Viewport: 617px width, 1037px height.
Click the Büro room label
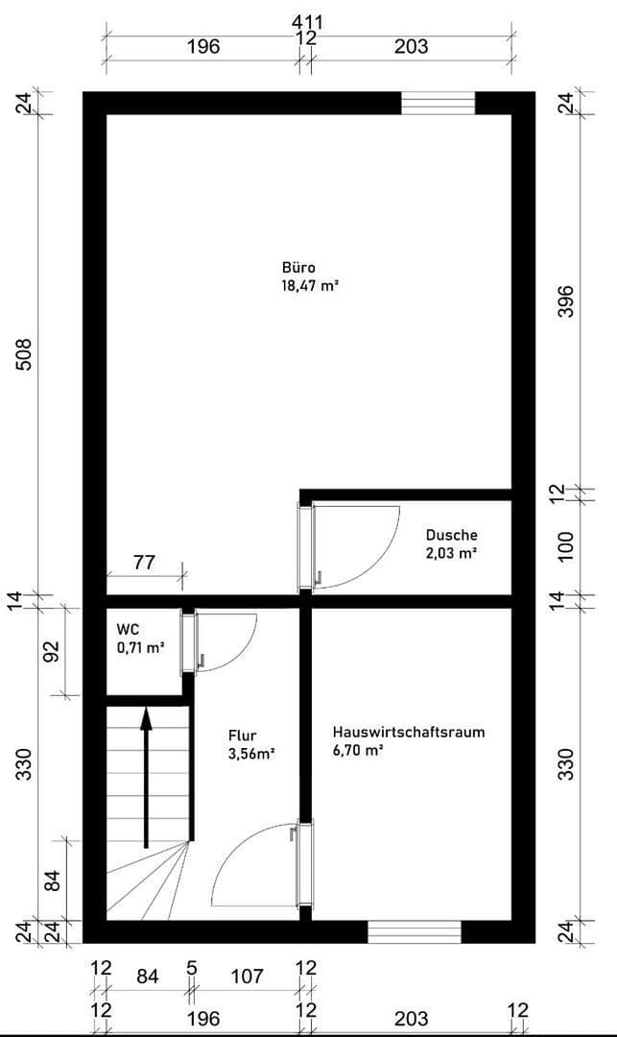coord(298,267)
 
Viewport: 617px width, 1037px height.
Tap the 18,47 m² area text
coord(310,285)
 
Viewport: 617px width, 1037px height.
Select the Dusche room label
coord(452,535)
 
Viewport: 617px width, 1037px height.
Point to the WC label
coord(128,629)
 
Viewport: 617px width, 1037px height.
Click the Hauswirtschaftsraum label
coord(409,732)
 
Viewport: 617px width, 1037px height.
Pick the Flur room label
coord(243,737)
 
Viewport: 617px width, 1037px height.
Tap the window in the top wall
coord(438,103)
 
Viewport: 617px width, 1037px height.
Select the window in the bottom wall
coord(415,931)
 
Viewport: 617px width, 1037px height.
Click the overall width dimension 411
coord(309,20)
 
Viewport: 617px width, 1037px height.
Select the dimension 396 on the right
coord(565,301)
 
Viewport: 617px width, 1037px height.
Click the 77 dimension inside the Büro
coord(144,563)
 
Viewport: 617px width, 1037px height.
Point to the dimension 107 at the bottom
coord(248,977)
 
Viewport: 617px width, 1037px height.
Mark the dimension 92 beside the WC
coord(52,652)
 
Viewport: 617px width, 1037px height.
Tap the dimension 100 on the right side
coord(565,544)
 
